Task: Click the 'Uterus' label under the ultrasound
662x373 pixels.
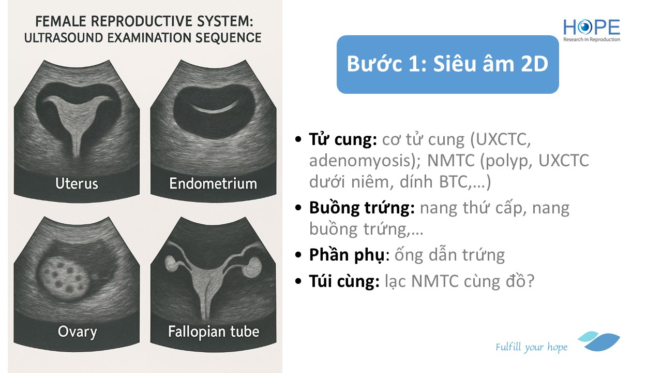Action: [x=77, y=183]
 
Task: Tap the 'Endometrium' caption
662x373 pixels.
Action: [x=213, y=183]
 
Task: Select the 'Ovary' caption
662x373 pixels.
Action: [x=77, y=332]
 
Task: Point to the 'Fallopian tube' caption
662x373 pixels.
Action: [x=214, y=332]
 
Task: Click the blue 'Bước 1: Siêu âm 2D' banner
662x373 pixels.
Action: [x=447, y=64]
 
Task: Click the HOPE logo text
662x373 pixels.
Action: [x=591, y=27]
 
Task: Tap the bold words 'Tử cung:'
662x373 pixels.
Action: [x=343, y=139]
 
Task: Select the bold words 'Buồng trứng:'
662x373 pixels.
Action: [x=362, y=208]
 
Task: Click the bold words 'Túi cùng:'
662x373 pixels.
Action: [x=344, y=281]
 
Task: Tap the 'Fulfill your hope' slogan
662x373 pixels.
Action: [x=531, y=347]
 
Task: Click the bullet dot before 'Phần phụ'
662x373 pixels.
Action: [x=298, y=255]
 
